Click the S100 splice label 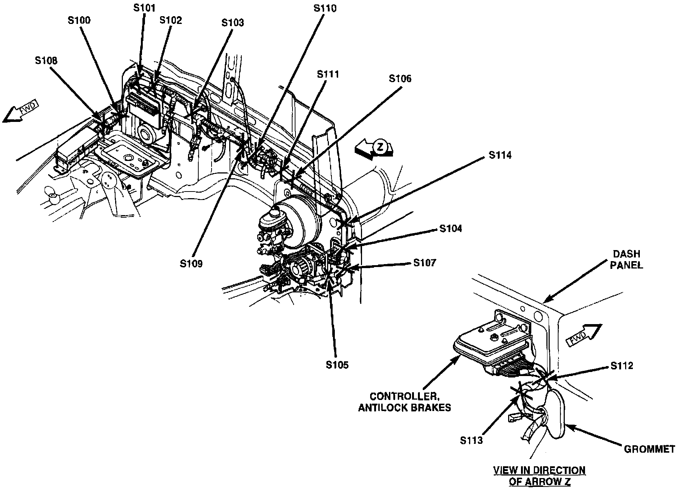click(x=79, y=20)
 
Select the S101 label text click(x=145, y=8)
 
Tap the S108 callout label click(x=46, y=61)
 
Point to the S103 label click(x=233, y=23)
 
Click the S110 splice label click(x=325, y=8)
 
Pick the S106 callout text click(x=400, y=78)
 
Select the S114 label click(x=500, y=155)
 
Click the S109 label click(x=191, y=264)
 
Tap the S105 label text click(x=337, y=365)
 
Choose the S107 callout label click(x=425, y=263)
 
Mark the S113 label click(x=471, y=440)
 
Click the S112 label click(x=622, y=366)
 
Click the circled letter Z click(x=380, y=147)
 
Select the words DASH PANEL click(x=627, y=259)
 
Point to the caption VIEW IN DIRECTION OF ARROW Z click(x=539, y=475)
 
